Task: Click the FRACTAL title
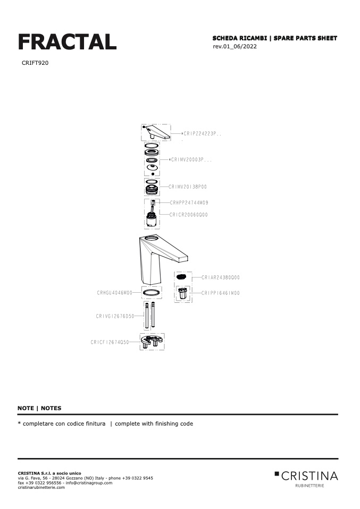[67, 42]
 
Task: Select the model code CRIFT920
[35, 63]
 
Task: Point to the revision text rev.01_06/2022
[235, 46]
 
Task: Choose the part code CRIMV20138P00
[188, 186]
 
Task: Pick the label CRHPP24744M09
[189, 202]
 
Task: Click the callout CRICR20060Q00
[188, 215]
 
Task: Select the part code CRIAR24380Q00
[221, 277]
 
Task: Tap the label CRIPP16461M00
[221, 293]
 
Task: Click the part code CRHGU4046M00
[115, 293]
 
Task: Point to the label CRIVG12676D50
[115, 316]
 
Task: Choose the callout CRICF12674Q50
[110, 342]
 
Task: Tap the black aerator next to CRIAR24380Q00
[182, 277]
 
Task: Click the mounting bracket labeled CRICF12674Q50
[152, 342]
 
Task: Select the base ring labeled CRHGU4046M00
[152, 293]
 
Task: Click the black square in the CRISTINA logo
[277, 474]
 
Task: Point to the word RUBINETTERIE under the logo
[309, 486]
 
